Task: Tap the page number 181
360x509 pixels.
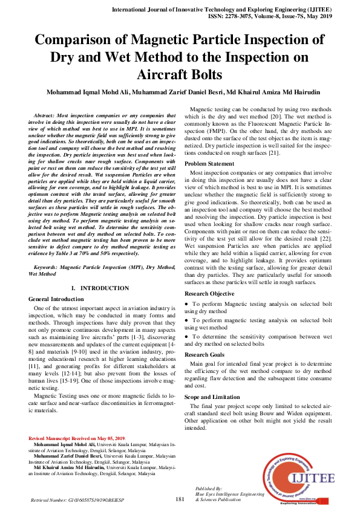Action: coord(180,499)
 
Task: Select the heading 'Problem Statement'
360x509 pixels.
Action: coord(209,164)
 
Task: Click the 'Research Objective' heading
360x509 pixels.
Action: coord(209,293)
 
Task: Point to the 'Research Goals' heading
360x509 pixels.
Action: coord(204,355)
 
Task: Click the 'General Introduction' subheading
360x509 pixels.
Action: coord(56,299)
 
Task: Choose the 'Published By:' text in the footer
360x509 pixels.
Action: coord(209,487)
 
